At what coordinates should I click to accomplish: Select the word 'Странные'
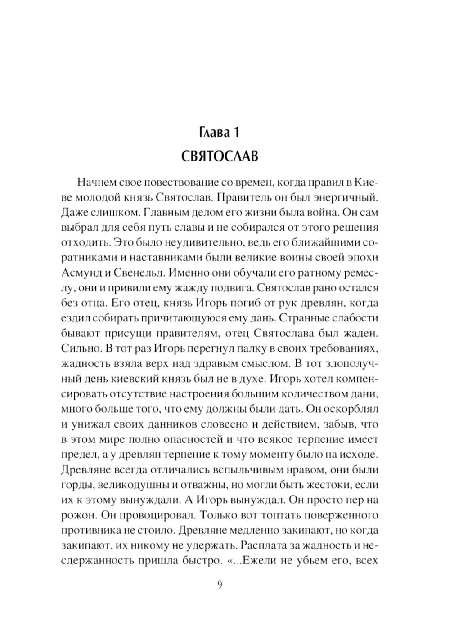point(301,319)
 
